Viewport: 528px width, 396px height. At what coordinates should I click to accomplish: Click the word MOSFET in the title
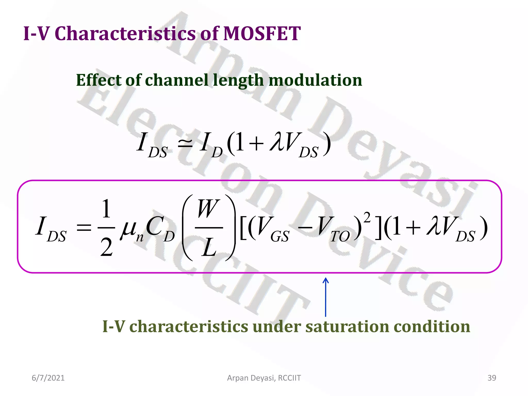tap(261, 34)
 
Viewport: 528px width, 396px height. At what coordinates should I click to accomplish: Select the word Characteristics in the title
tap(125, 34)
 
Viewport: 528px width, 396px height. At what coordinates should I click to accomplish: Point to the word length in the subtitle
tap(238, 80)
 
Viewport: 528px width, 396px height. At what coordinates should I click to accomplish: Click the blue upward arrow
tap(326, 296)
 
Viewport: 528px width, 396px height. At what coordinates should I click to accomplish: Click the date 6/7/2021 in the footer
tap(48, 378)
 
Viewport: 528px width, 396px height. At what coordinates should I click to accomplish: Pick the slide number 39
tap(492, 378)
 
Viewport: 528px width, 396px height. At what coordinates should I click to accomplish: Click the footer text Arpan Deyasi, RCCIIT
tap(264, 378)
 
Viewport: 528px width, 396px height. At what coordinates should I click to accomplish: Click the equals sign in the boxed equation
tap(84, 228)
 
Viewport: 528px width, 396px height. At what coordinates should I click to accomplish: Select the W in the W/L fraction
tap(208, 209)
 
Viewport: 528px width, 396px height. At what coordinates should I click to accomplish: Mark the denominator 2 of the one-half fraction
tap(106, 247)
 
